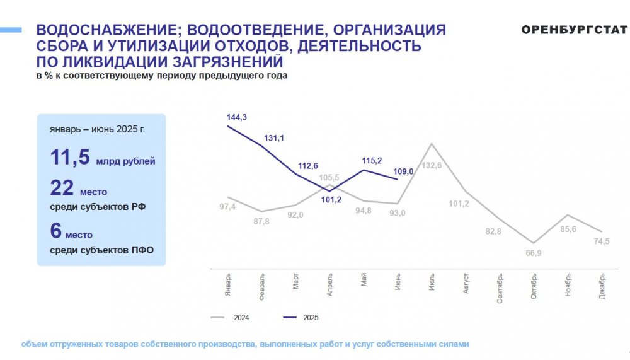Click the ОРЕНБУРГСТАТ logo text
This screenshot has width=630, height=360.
(574, 30)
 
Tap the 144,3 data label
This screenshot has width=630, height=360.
(237, 117)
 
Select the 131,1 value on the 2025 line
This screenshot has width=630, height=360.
(273, 138)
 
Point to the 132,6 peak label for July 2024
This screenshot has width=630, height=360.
(432, 165)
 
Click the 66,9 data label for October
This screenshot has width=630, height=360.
(534, 253)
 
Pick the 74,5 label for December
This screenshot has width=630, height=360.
(602, 241)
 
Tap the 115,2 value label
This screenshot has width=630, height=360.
(372, 161)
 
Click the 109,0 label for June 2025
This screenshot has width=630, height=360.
(403, 171)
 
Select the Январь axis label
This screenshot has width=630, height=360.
(228, 285)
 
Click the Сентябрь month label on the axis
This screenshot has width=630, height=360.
(500, 288)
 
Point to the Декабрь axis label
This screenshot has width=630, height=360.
(602, 286)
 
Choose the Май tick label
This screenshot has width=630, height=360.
(364, 279)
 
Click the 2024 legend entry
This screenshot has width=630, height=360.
(230, 318)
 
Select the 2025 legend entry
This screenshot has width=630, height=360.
(301, 318)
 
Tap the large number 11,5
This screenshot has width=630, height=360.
(70, 157)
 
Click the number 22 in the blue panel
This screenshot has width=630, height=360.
(62, 188)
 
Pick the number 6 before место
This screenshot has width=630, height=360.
(56, 231)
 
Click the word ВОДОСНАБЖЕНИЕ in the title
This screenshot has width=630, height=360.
(109, 30)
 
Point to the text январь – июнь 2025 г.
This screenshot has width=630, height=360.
(97, 129)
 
